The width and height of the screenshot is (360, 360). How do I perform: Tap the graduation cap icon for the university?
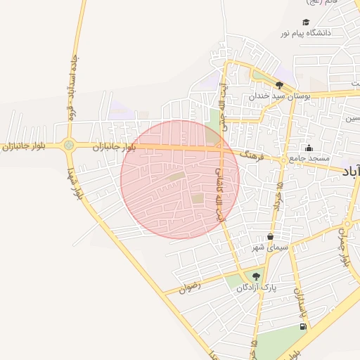[305, 22]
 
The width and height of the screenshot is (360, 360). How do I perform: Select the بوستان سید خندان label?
[280, 96]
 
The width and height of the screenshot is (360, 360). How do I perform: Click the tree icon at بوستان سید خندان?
[279, 86]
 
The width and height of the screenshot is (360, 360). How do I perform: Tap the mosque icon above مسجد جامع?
[309, 148]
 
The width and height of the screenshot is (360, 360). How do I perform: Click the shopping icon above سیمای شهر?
[270, 238]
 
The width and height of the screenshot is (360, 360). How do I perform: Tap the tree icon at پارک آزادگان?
[256, 277]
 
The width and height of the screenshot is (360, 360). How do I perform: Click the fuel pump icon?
[303, 326]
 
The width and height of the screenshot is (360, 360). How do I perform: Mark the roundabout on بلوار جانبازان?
[68, 146]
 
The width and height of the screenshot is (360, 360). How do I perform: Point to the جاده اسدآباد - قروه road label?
[70, 84]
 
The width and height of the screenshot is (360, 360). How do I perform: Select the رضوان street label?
[190, 287]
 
